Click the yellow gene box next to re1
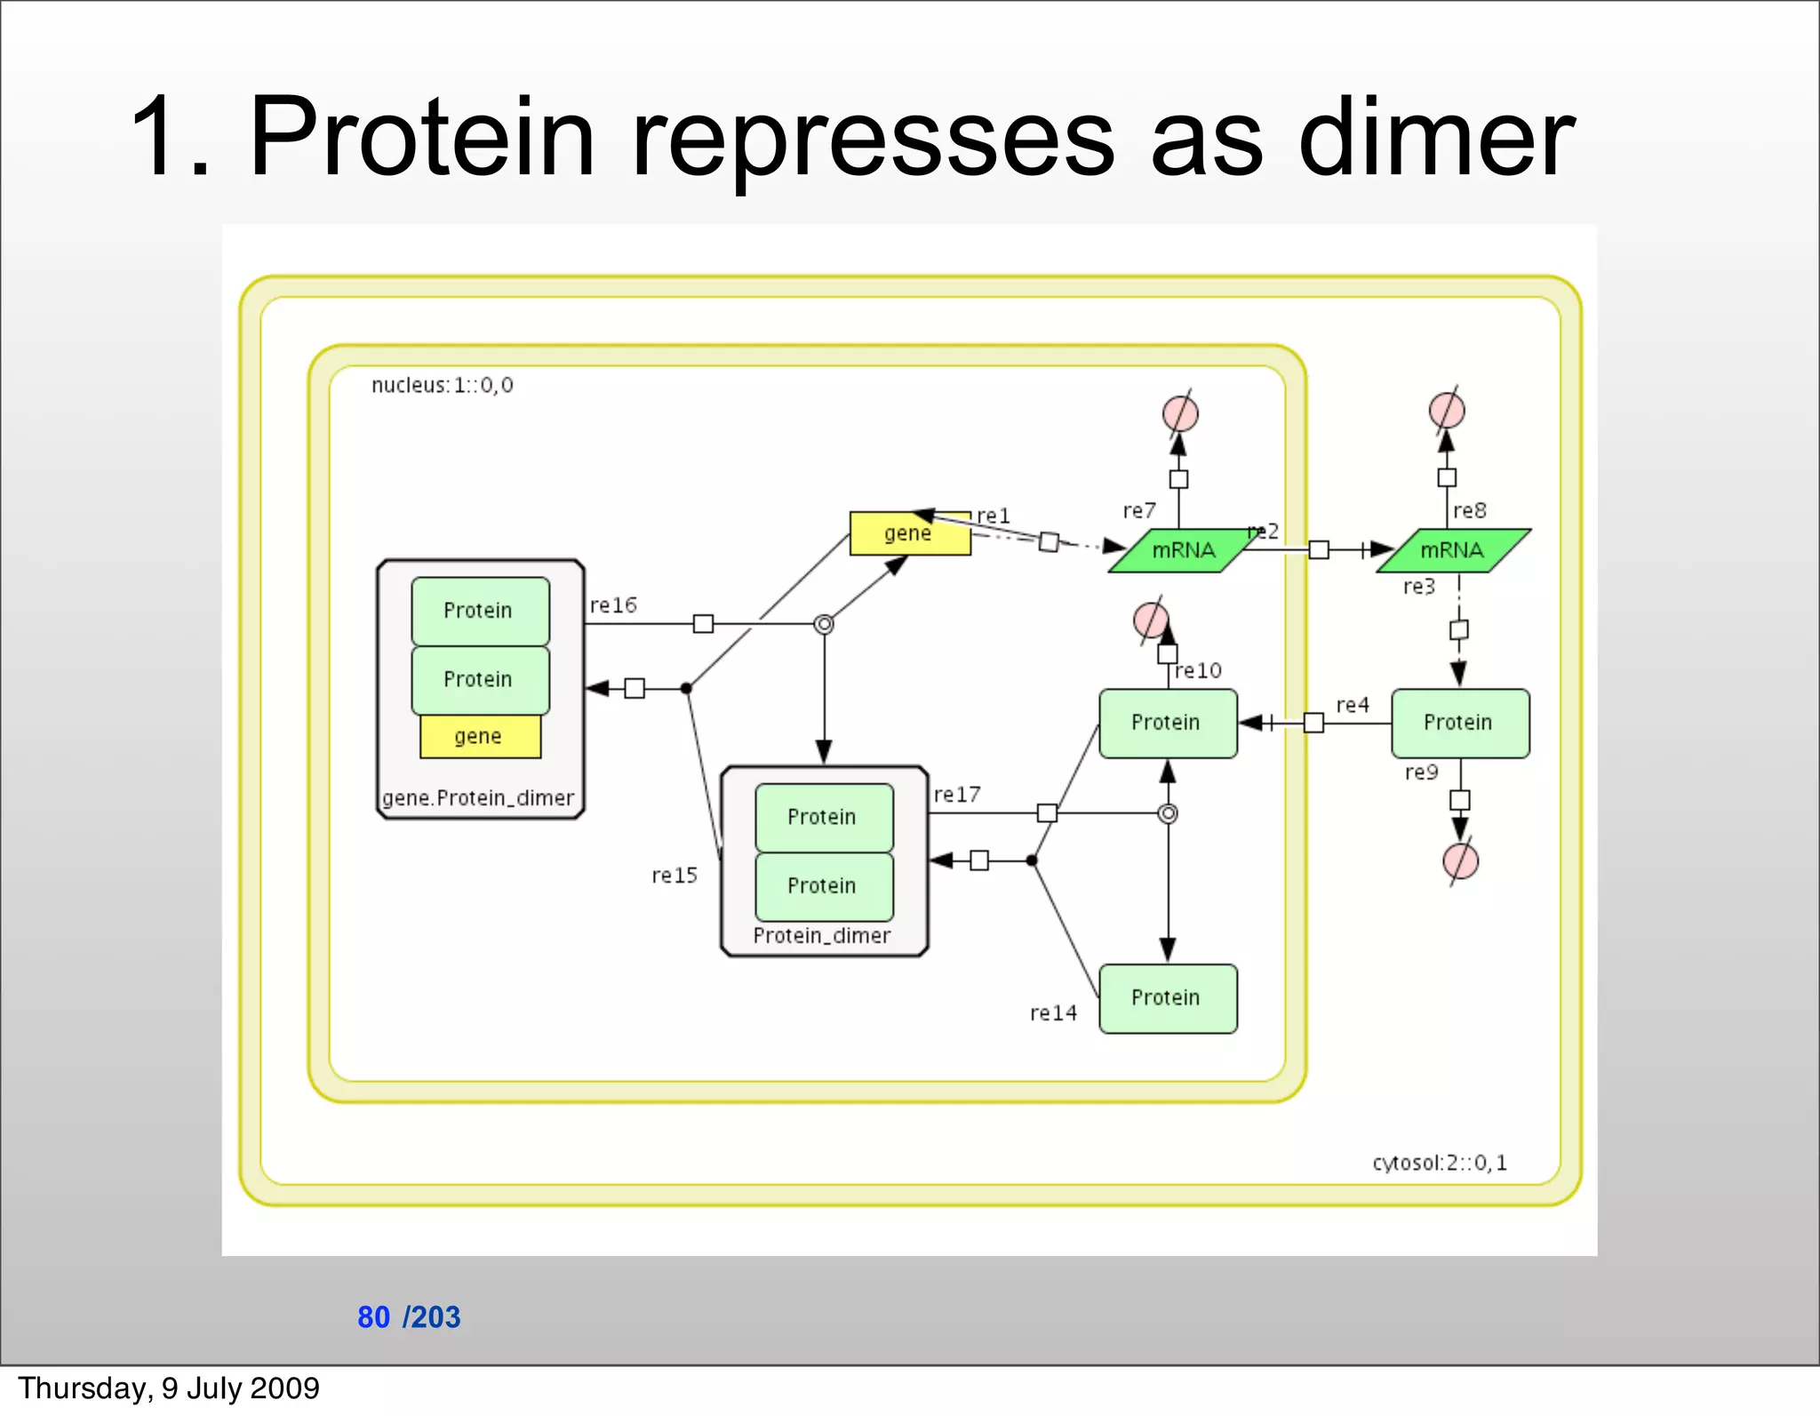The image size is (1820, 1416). [909, 533]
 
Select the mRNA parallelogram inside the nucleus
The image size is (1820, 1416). [1183, 550]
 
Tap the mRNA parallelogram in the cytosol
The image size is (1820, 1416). [1452, 550]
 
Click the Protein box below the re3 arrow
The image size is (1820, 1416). [1459, 723]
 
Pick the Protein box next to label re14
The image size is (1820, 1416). [1167, 998]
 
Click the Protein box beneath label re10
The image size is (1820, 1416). [1167, 723]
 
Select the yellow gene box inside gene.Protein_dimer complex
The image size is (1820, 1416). [479, 736]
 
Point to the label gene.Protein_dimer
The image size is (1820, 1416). [478, 798]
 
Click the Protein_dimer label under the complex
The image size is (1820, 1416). [821, 936]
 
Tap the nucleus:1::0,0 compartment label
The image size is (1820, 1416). [442, 385]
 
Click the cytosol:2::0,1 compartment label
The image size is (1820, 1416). [1439, 1163]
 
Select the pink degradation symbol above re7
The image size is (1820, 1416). [1180, 413]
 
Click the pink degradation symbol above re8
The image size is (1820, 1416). [1447, 410]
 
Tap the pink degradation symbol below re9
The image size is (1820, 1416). [1460, 860]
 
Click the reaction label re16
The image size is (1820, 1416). [613, 605]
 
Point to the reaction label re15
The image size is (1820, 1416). [674, 876]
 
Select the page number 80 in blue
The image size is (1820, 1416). [373, 1316]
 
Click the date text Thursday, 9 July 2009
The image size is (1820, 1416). [169, 1388]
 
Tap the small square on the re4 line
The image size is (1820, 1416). [1313, 723]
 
